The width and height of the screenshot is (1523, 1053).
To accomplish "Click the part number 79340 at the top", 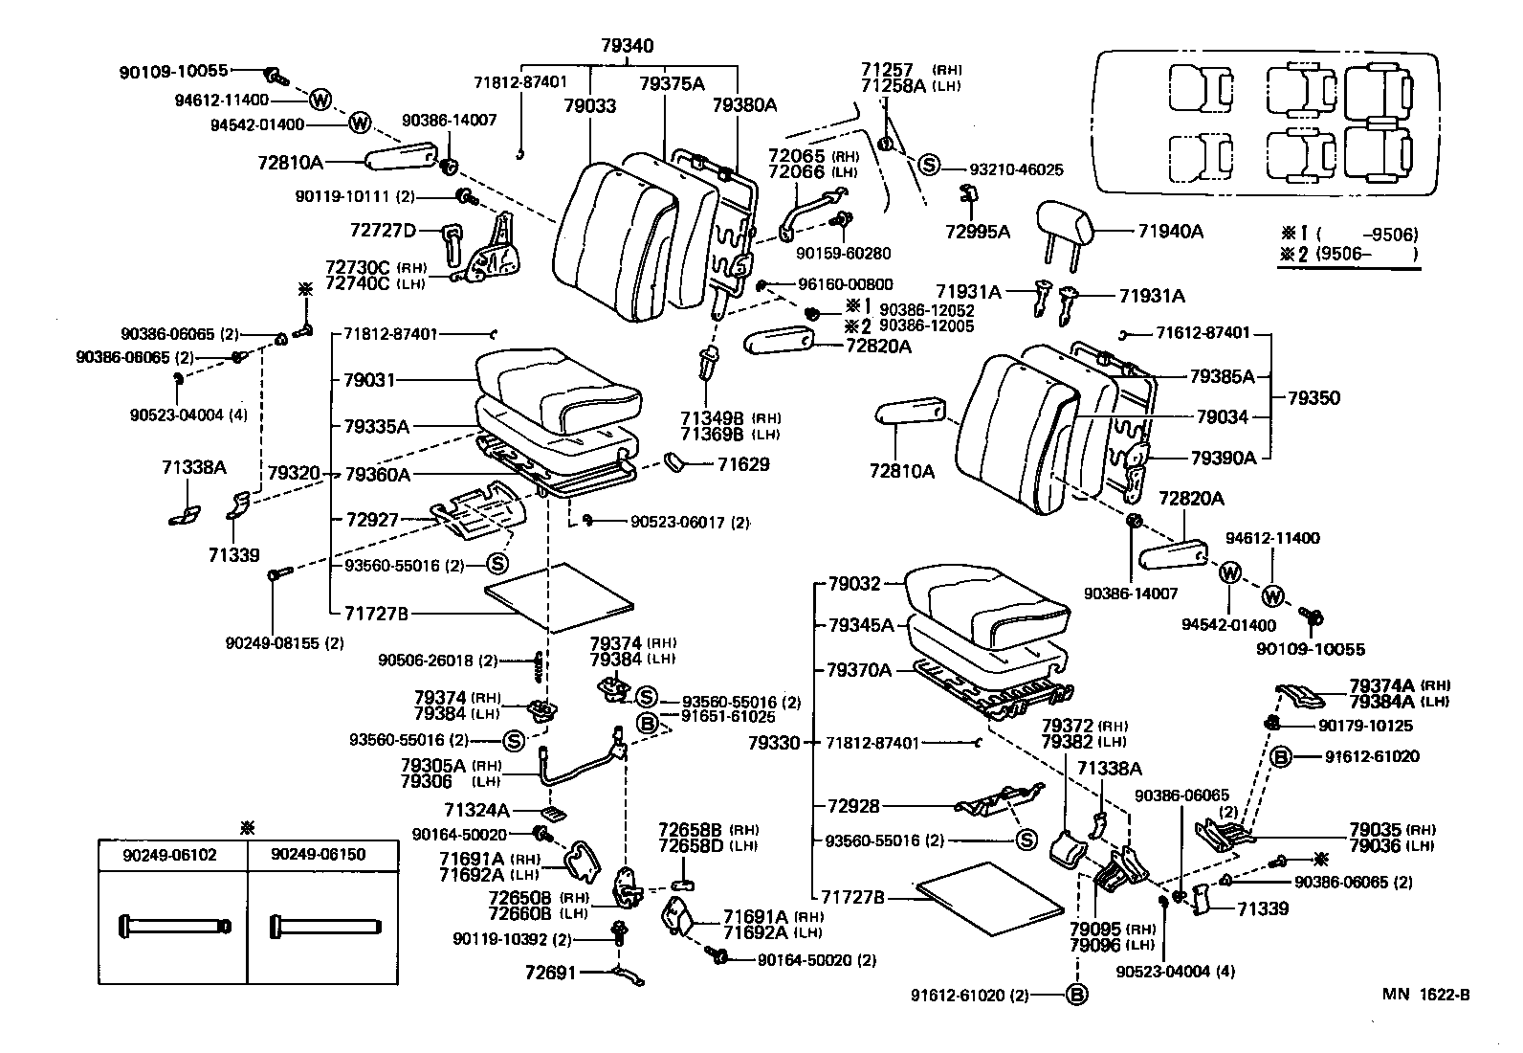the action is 627,46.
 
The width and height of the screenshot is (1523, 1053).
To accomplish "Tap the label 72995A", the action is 978,232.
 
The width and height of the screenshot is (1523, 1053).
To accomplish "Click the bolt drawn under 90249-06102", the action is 175,926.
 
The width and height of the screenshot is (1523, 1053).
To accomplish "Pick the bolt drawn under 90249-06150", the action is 325,926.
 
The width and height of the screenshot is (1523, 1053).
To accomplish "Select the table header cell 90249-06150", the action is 319,855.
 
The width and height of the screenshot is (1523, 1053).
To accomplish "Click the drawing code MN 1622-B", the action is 1425,995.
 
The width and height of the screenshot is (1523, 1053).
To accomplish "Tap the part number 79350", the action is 1313,398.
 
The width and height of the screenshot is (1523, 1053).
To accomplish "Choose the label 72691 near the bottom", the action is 551,973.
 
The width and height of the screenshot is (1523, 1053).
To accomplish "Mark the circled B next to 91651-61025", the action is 648,724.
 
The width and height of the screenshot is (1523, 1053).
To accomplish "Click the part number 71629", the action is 744,464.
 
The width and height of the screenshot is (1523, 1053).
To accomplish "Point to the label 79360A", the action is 377,474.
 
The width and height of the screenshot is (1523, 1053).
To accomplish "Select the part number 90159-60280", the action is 843,254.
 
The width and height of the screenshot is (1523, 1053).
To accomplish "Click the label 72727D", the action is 383,231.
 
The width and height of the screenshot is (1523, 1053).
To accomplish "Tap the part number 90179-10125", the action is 1365,726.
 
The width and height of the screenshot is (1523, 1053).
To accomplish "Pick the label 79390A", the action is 1224,458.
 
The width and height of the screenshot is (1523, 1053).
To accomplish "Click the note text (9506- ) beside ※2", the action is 1367,255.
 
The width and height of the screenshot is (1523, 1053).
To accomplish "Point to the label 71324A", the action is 476,810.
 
